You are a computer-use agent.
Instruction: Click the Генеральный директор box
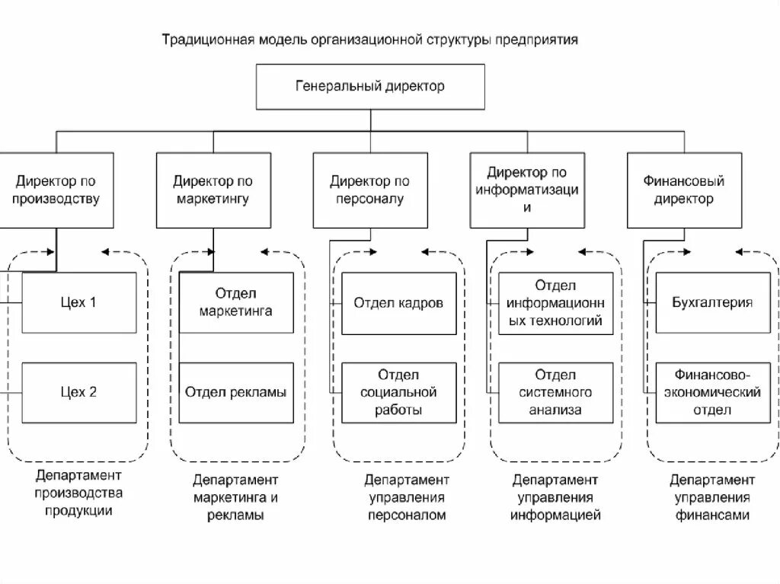pyautogui.click(x=370, y=87)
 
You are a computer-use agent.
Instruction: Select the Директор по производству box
pyautogui.click(x=57, y=190)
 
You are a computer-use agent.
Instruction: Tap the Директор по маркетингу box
pyautogui.click(x=213, y=190)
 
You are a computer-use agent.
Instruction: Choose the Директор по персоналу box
pyautogui.click(x=370, y=190)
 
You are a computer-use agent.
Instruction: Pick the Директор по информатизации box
pyautogui.click(x=527, y=190)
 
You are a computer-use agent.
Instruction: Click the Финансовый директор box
pyautogui.click(x=684, y=190)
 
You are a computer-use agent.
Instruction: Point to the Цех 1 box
pyautogui.click(x=79, y=302)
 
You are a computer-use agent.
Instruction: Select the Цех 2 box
pyautogui.click(x=79, y=393)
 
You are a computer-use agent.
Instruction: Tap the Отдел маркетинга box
pyautogui.click(x=236, y=302)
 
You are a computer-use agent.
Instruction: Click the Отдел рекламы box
pyautogui.click(x=236, y=393)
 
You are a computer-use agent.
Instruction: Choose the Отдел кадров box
pyautogui.click(x=398, y=302)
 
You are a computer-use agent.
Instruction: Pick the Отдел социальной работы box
pyautogui.click(x=398, y=393)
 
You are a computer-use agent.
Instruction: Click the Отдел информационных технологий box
pyautogui.click(x=556, y=302)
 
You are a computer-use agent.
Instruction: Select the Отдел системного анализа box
pyautogui.click(x=556, y=393)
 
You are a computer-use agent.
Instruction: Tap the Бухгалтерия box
pyautogui.click(x=713, y=302)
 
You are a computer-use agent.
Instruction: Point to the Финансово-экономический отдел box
pyautogui.click(x=713, y=393)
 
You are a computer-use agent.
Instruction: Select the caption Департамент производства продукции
pyautogui.click(x=78, y=493)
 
